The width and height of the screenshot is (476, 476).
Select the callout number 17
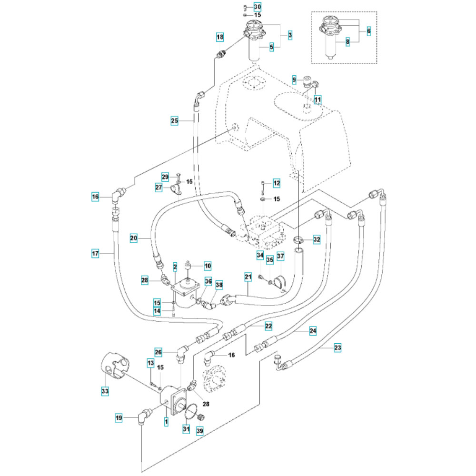coord(96,254)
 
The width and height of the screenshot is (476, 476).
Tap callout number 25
coord(175,121)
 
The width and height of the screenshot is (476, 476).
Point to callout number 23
coord(337,348)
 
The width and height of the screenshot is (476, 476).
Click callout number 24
coord(313,330)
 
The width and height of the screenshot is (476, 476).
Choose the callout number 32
coord(317,240)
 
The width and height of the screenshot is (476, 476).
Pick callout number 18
coord(219,37)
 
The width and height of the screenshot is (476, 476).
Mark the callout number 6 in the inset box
coord(368,31)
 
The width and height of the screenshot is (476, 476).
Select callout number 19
coord(119,418)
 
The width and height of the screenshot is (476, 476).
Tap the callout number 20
coord(134,237)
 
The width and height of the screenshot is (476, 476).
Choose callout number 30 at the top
coord(258,7)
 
